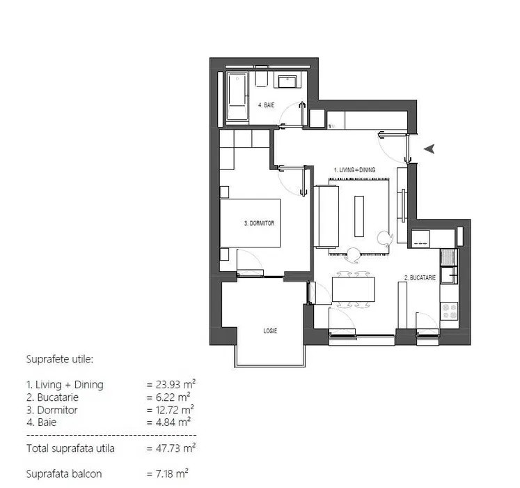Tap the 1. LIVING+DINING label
[x=354, y=169]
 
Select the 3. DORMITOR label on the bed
[x=259, y=224]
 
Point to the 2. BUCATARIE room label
[x=420, y=277]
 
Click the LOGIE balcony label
[x=270, y=331]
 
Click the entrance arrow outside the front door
[x=430, y=148]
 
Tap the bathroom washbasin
[x=288, y=81]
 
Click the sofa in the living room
[x=326, y=216]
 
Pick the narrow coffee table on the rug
[x=359, y=216]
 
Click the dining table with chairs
[x=354, y=289]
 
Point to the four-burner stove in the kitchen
[x=449, y=310]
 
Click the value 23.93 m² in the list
[x=171, y=384]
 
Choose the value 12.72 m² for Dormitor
[x=171, y=410]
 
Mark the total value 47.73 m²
[x=171, y=448]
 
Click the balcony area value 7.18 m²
[x=168, y=473]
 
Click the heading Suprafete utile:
[x=59, y=360]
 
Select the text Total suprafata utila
[x=70, y=448]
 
